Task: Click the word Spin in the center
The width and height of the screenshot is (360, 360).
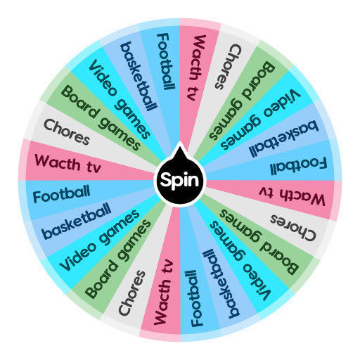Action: pyautogui.click(x=180, y=181)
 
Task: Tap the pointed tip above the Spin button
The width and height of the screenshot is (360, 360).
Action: pyautogui.click(x=180, y=145)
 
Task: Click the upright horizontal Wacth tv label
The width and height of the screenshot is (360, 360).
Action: pyautogui.click(x=67, y=165)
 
